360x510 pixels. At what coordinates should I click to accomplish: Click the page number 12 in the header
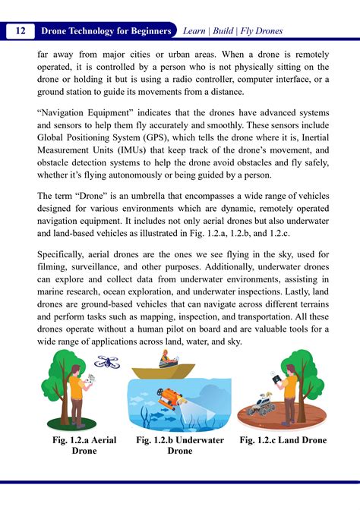click(21, 31)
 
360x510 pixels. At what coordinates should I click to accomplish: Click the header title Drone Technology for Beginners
click(106, 31)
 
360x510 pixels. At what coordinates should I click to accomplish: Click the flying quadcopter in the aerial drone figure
click(107, 362)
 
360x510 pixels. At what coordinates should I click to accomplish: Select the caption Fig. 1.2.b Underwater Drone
click(180, 445)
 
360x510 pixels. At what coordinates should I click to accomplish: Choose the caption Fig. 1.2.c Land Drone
click(283, 440)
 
